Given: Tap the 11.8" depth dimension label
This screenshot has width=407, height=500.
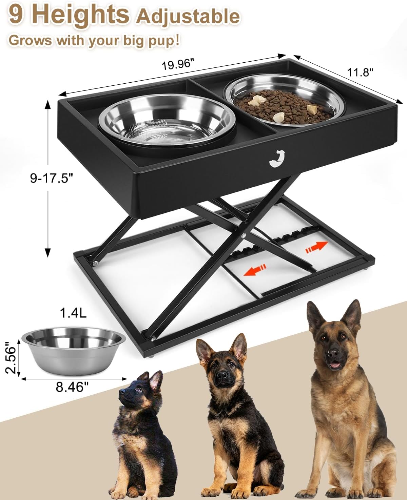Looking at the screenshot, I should [360, 72].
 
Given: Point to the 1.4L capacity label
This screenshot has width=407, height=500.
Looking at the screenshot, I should [73, 312].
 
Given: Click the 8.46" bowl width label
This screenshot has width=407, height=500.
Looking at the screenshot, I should [70, 387].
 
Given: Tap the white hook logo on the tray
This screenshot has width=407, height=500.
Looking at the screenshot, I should [276, 158].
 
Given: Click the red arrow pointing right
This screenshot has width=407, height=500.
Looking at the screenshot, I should [317, 247].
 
